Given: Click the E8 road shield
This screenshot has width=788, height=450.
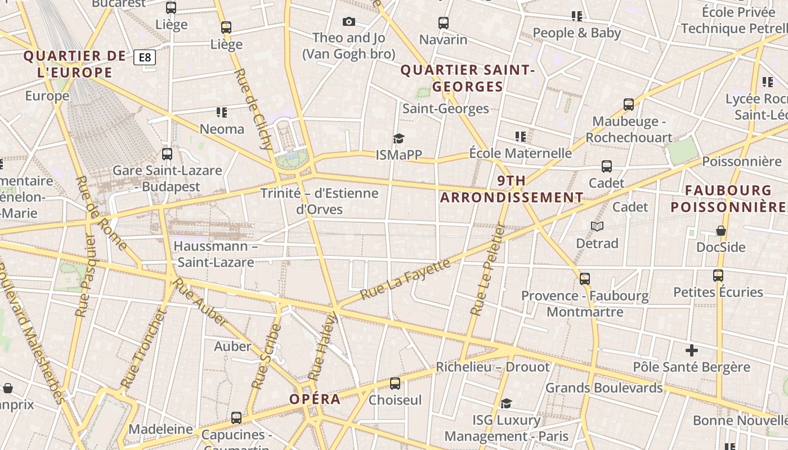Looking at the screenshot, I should click(145, 57).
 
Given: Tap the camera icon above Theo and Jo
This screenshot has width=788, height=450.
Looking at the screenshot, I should click(349, 22).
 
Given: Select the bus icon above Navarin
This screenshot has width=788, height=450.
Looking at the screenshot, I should click(444, 23).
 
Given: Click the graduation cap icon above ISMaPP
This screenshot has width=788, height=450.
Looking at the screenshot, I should click(399, 138).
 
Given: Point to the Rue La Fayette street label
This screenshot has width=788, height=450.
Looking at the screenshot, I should click(405, 279).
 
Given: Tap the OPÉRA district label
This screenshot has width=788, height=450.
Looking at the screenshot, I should click(315, 399).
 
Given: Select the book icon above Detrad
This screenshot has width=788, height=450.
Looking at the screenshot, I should click(597, 227).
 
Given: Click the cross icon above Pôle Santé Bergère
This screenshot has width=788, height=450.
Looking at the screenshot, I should click(692, 350).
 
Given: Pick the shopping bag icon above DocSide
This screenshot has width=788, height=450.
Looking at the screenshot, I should click(720, 231).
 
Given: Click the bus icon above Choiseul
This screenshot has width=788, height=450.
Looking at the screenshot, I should click(395, 384).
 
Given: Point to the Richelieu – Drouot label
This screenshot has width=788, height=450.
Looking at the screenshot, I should click(492, 367).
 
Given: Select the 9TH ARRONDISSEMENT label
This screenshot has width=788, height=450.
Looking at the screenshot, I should click(512, 189).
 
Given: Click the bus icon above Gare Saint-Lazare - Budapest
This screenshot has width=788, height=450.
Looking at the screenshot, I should click(167, 154).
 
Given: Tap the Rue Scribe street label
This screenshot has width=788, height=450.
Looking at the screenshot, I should click(266, 357).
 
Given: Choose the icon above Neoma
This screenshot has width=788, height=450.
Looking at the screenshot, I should click(222, 112).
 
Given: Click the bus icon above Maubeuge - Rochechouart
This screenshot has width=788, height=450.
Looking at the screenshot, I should click(629, 105).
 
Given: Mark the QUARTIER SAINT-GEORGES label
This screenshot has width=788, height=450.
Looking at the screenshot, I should click(467, 78).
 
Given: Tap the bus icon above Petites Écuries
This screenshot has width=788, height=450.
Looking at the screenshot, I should click(718, 276).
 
